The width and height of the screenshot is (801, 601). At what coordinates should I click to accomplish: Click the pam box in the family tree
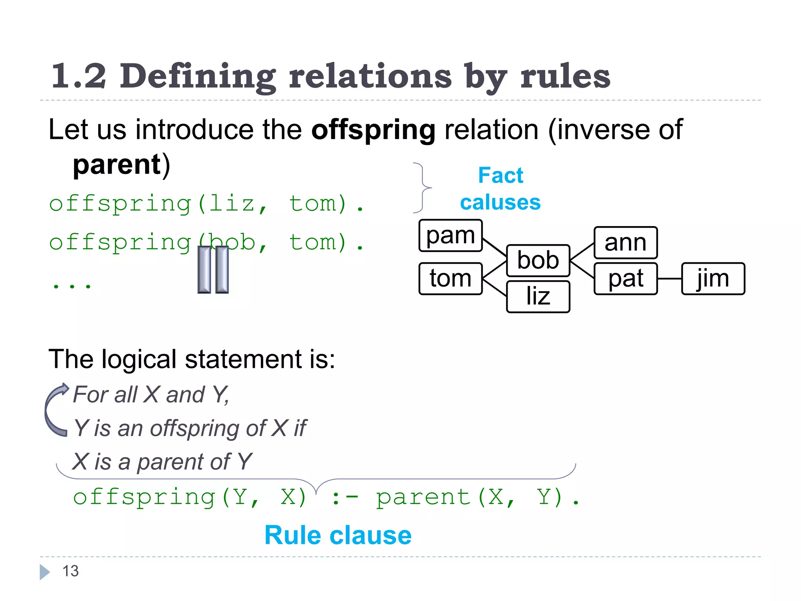point(450,236)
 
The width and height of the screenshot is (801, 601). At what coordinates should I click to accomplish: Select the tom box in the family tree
point(450,279)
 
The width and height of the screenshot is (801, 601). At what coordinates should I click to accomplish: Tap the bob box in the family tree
point(538,261)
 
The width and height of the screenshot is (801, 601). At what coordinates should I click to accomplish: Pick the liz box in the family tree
point(538,296)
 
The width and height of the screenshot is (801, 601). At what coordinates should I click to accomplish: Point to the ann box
point(625,243)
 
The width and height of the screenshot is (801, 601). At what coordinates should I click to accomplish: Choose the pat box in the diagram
point(625,279)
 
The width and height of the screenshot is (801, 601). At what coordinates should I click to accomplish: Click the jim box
point(713,279)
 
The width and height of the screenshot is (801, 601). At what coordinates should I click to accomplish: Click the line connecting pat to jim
point(669,279)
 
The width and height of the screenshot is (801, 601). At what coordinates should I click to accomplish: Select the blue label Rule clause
point(338,535)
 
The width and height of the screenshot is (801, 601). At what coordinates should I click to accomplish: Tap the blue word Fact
point(500,175)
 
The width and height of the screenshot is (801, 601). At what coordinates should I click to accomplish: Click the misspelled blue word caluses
point(500,202)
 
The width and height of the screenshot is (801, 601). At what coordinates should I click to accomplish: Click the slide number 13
point(70,571)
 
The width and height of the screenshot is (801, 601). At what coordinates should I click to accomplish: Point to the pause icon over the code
point(213,270)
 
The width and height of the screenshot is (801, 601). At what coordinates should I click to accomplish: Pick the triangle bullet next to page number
point(45,572)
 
